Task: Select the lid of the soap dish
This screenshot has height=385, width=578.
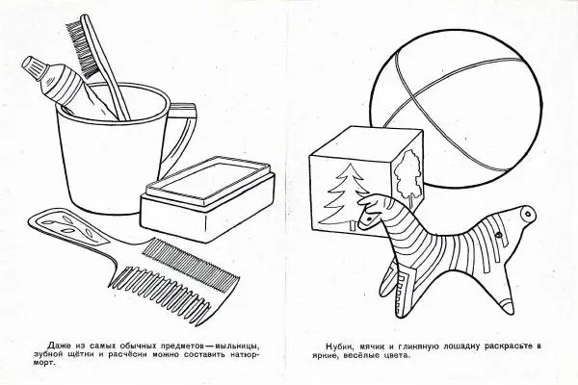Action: [209, 181]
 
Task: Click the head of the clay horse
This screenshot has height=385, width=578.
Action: [373, 211]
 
